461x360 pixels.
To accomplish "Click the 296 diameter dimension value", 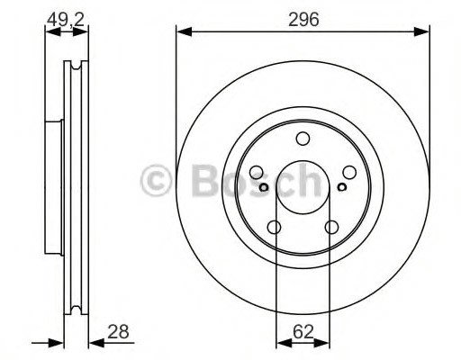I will tap(303, 19).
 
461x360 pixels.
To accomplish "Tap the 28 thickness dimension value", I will tap(119, 332).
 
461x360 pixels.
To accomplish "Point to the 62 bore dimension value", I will tap(303, 332).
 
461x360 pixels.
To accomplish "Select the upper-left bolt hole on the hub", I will tap(256, 172).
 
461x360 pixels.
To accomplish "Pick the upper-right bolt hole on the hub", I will tap(349, 172).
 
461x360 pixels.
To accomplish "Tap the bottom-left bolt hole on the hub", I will tap(274, 227).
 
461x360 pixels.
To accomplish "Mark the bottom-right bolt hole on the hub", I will tap(331, 227).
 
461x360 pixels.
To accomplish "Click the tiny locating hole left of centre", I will tap(264, 187).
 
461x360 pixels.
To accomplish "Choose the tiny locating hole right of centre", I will tap(342, 187).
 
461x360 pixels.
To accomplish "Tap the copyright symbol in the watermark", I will tap(162, 183).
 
